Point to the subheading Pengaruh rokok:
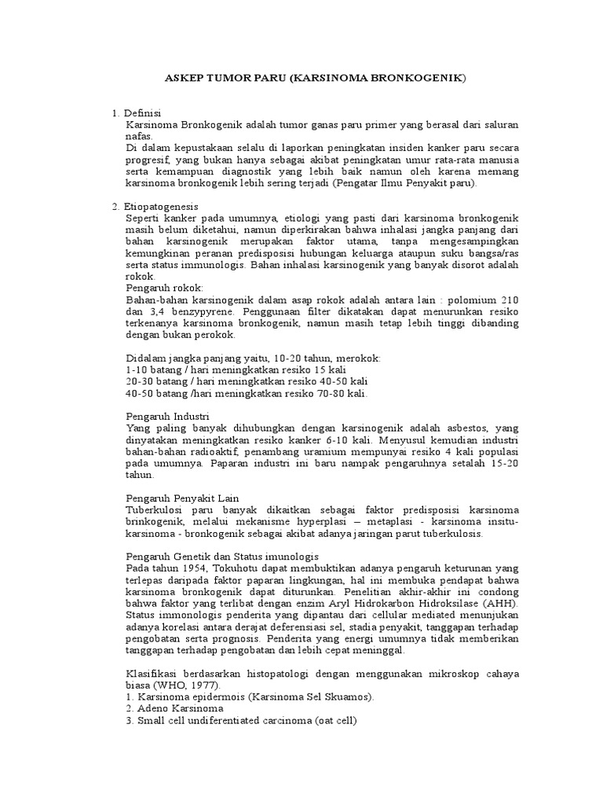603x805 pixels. [164, 289]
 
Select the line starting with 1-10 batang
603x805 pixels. [236, 369]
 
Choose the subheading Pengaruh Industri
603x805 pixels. [168, 415]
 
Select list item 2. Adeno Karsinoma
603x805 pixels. [175, 708]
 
